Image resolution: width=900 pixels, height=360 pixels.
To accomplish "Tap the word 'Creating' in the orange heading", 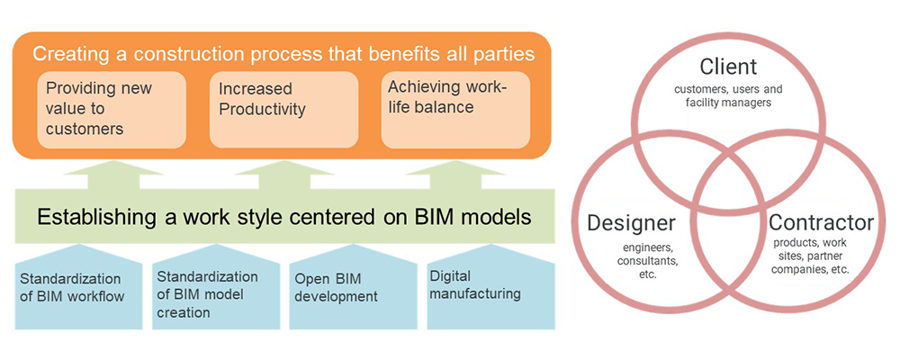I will tap(66, 53).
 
